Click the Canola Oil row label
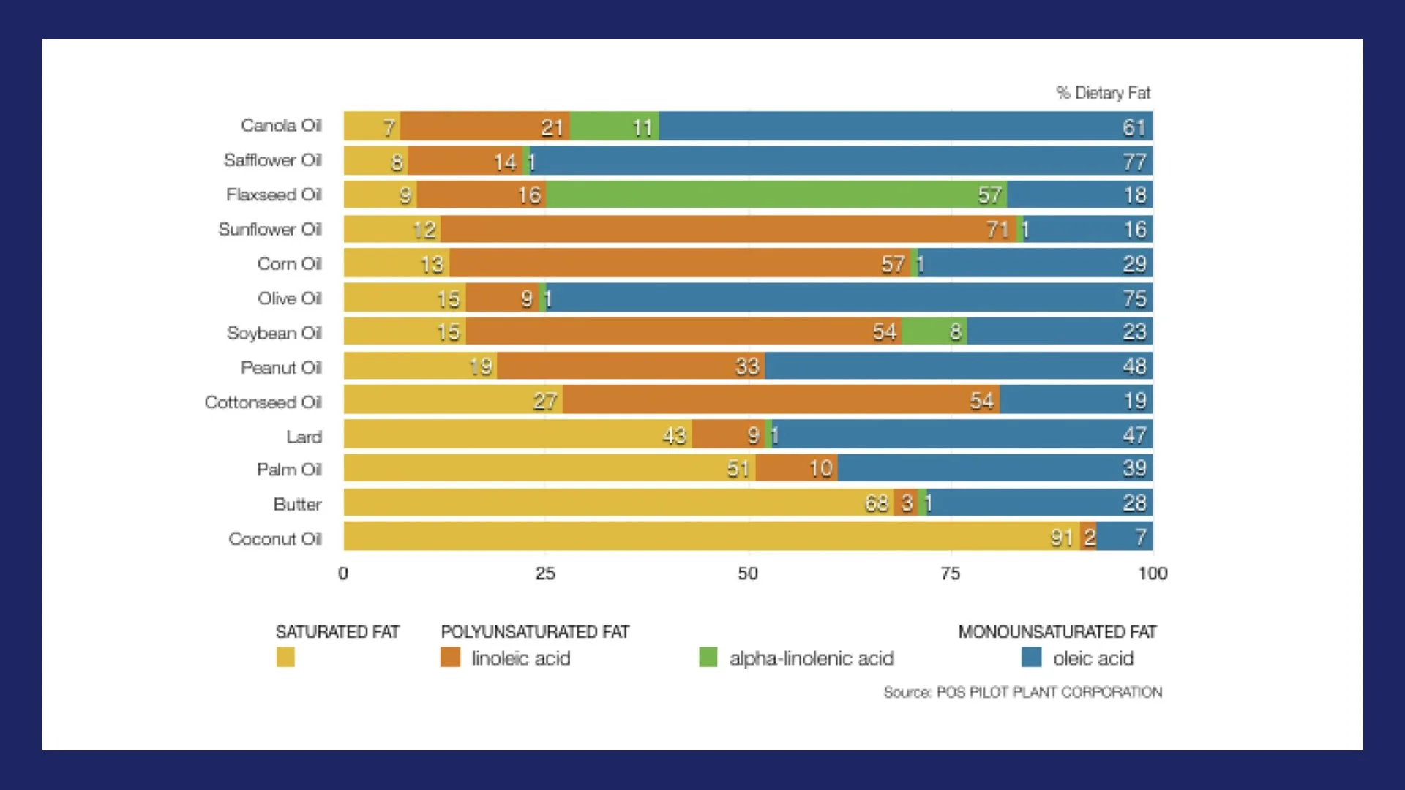[x=281, y=126]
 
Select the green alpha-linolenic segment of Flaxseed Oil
[x=776, y=195]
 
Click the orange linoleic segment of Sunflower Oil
[x=728, y=230]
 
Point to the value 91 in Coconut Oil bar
[x=1062, y=538]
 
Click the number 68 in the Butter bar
[x=876, y=503]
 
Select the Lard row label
[x=304, y=437]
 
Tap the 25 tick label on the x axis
[x=545, y=573]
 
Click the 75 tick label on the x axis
[x=950, y=573]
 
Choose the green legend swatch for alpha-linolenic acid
[x=708, y=657]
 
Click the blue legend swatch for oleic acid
[x=1031, y=657]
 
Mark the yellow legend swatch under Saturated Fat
[x=285, y=657]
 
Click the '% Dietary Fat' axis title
[x=1103, y=93]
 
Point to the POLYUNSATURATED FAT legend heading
[x=535, y=631]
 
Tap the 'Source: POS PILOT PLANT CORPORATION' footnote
[x=1022, y=692]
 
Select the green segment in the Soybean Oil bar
[x=934, y=332]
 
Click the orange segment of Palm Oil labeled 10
[x=797, y=468]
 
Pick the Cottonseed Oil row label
[x=263, y=402]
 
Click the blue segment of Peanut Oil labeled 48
[x=959, y=366]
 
